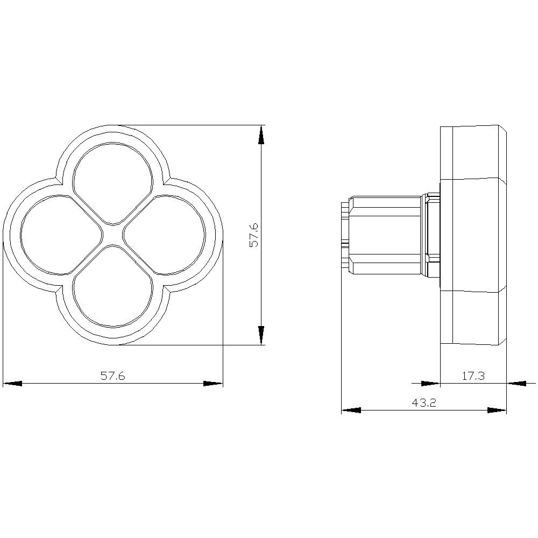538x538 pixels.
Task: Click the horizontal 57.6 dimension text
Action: pos(112,376)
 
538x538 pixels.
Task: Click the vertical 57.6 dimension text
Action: pos(254,236)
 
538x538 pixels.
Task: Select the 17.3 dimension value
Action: pos(473,376)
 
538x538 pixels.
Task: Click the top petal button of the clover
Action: pos(113,183)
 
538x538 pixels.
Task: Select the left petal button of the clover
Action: pos(61,235)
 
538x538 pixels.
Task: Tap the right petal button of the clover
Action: pos(165,235)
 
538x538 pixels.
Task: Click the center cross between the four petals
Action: pos(113,235)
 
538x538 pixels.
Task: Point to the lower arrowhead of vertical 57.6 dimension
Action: pos(261,335)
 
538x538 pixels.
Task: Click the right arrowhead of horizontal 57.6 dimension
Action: pos(213,384)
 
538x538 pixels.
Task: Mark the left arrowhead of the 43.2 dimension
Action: pos(351,410)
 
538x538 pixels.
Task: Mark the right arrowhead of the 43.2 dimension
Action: pos(497,410)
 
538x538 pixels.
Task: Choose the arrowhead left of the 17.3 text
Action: pos(430,384)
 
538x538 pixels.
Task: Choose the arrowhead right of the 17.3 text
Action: pos(516,384)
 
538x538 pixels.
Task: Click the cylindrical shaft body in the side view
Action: pos(385,235)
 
